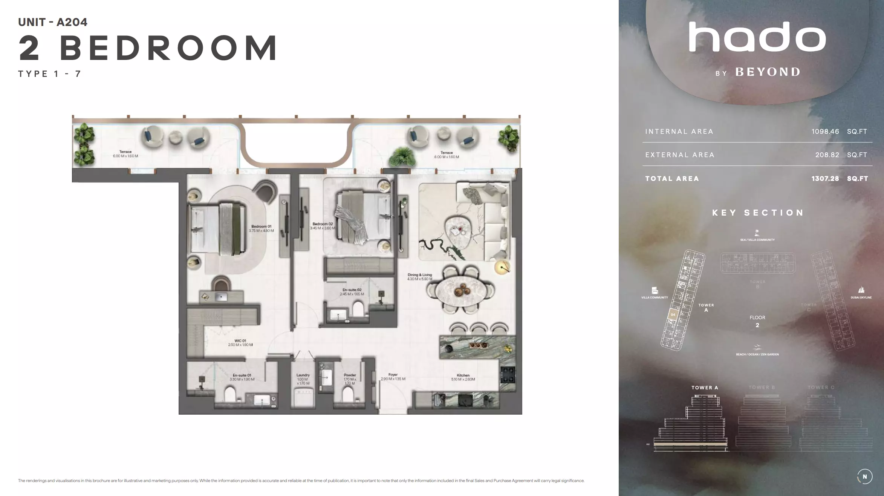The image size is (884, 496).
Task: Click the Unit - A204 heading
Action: point(53,22)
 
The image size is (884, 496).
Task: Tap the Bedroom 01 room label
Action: point(261,227)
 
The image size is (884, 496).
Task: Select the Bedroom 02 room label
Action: point(323,224)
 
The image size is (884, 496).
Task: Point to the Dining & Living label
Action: point(419,275)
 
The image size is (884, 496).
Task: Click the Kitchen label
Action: point(463,375)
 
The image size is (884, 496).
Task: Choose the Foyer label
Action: point(393,375)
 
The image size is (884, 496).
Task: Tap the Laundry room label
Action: point(303,375)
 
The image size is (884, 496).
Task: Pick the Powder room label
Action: point(350,375)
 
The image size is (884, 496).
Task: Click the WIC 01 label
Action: point(240,341)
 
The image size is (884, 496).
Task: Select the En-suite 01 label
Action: point(242,375)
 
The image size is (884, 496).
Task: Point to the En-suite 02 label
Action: point(352,290)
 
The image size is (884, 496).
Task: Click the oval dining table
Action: point(460,291)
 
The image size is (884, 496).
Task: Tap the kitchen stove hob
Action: point(508,374)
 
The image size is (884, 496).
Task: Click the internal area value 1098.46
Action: point(825,132)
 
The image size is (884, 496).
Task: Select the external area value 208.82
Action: point(827,155)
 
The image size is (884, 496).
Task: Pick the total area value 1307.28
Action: point(825,179)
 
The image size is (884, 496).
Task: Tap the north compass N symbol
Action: point(865,476)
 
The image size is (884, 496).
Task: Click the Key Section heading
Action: point(758,213)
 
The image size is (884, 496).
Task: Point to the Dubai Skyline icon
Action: point(861,290)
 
